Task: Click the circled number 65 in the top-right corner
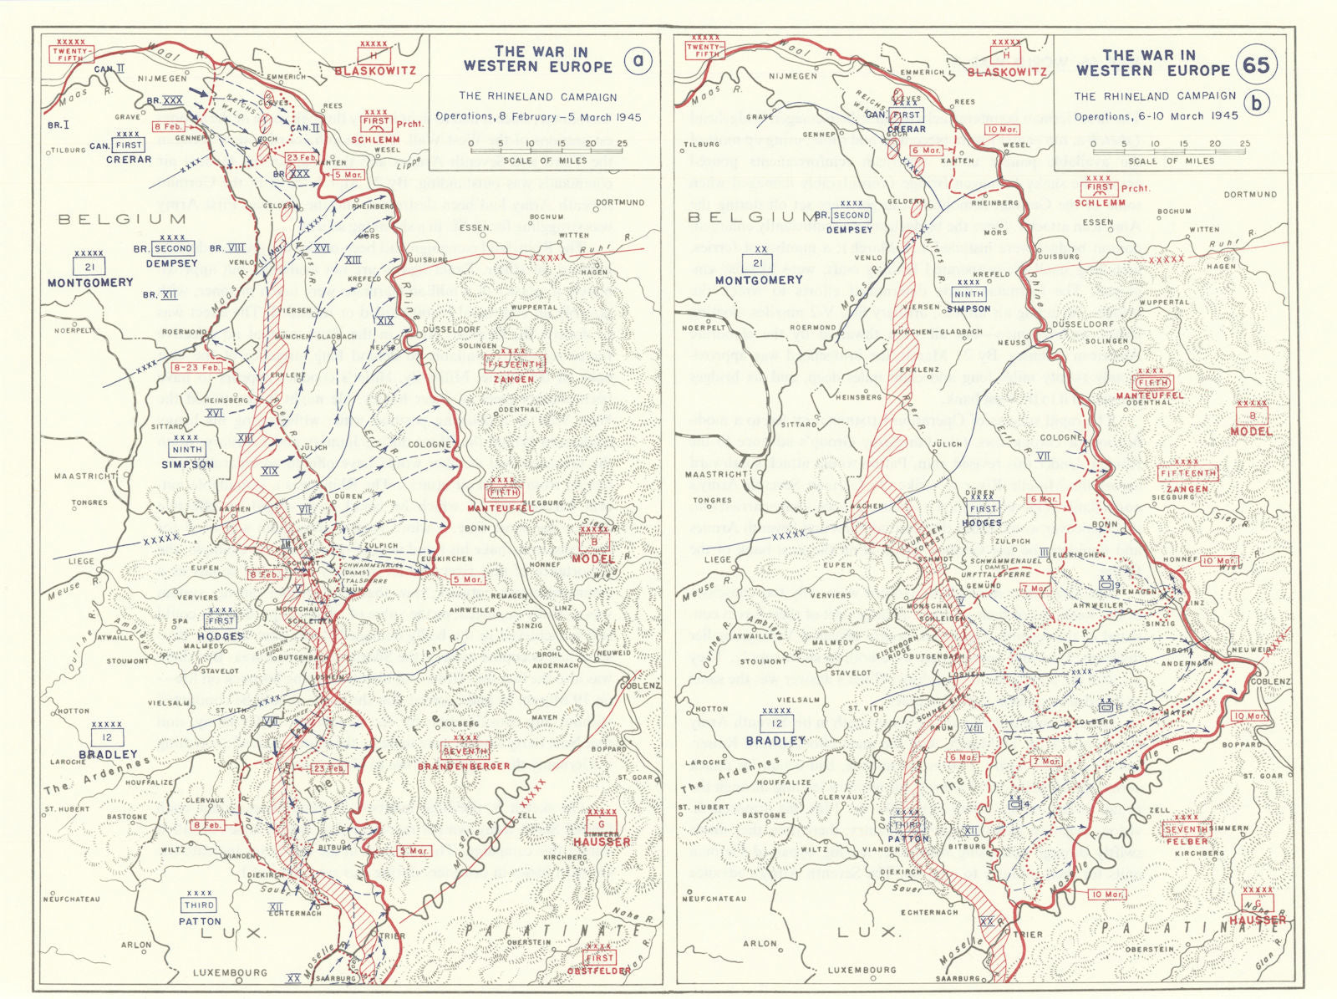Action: click(x=1256, y=65)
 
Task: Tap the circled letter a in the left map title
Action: click(x=638, y=62)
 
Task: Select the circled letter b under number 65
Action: click(x=1256, y=103)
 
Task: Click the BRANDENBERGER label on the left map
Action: click(x=464, y=766)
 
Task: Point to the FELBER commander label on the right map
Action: click(x=1185, y=841)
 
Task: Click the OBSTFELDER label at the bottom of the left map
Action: click(x=598, y=971)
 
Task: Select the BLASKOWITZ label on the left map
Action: click(x=375, y=71)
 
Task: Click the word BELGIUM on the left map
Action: click(x=122, y=219)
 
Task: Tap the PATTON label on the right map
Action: click(x=908, y=838)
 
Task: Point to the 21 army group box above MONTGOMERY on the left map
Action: click(x=89, y=266)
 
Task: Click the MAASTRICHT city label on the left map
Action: click(x=84, y=477)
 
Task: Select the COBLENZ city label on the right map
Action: click(x=1270, y=681)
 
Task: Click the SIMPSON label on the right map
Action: click(x=968, y=308)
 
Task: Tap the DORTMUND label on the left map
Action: click(x=620, y=202)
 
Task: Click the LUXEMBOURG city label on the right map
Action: click(x=862, y=971)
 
